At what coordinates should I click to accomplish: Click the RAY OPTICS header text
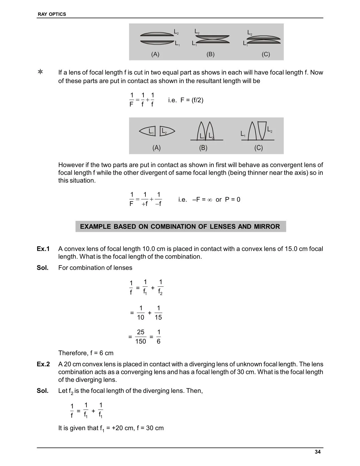52,14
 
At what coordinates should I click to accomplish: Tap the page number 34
318,452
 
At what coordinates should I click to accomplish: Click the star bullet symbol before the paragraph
40,72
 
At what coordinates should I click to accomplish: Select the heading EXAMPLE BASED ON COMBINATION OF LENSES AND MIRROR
180,227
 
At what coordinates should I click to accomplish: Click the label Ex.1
43,249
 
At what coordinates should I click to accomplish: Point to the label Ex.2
43,364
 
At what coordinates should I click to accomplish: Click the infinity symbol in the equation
210,200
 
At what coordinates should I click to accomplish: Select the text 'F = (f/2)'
192,100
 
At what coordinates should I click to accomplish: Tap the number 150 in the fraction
141,341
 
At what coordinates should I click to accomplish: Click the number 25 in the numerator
141,332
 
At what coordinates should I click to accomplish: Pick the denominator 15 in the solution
158,317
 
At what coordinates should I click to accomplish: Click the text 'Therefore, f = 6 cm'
86,353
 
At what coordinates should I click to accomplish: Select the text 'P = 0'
233,200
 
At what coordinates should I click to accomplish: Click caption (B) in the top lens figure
211,54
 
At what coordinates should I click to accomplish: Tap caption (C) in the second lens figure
258,148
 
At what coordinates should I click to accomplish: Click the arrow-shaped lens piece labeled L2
167,131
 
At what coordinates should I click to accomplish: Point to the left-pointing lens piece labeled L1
147,131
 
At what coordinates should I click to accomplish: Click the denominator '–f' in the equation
158,204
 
